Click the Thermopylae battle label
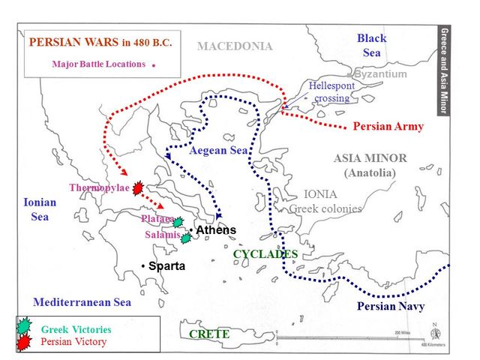tap(99, 187)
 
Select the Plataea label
tap(157, 219)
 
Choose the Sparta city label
tap(166, 266)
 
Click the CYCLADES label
tap(265, 254)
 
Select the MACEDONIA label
tap(235, 46)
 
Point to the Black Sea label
tap(371, 45)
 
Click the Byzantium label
tap(380, 74)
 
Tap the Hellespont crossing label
tap(331, 92)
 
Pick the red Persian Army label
tap(388, 127)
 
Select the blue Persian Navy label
tap(391, 306)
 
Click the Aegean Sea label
tap(218, 151)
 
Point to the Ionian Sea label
tap(39, 209)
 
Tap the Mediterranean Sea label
tap(82, 302)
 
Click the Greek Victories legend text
tap(76, 329)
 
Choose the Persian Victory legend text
tap(73, 342)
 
